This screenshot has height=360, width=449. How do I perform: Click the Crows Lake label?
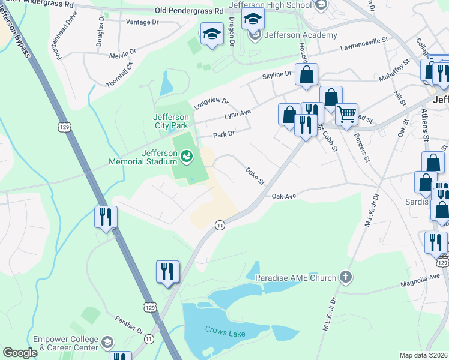coord(222,329)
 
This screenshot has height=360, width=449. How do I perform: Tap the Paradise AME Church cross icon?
coord(345,277)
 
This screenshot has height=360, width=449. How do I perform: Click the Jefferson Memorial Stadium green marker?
coord(187,157)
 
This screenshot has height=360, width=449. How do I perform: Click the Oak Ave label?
coord(285,196)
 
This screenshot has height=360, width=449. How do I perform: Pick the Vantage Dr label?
coord(142,22)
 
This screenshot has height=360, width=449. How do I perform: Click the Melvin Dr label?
coord(122,55)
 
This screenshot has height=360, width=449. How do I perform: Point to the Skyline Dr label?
coord(276,74)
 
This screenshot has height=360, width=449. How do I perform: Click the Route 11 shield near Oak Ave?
coord(220,224)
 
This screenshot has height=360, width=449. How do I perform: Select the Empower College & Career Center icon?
coord(107,343)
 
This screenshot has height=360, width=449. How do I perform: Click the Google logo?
coord(20,353)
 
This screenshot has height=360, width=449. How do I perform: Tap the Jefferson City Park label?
coord(171,121)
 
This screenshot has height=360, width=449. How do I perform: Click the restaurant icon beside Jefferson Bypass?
coord(106,217)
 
